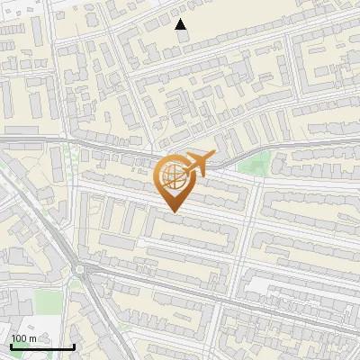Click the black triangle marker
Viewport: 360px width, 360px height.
[181, 24]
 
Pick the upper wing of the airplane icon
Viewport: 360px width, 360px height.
[191, 156]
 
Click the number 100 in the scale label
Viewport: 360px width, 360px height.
[19, 339]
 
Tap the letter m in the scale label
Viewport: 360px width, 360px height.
[32, 339]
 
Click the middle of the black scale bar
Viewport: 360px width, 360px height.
[42, 346]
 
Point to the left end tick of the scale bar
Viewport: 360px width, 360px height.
[11, 346]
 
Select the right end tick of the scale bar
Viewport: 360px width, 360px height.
[74, 346]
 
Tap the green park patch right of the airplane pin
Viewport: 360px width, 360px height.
[257, 164]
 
